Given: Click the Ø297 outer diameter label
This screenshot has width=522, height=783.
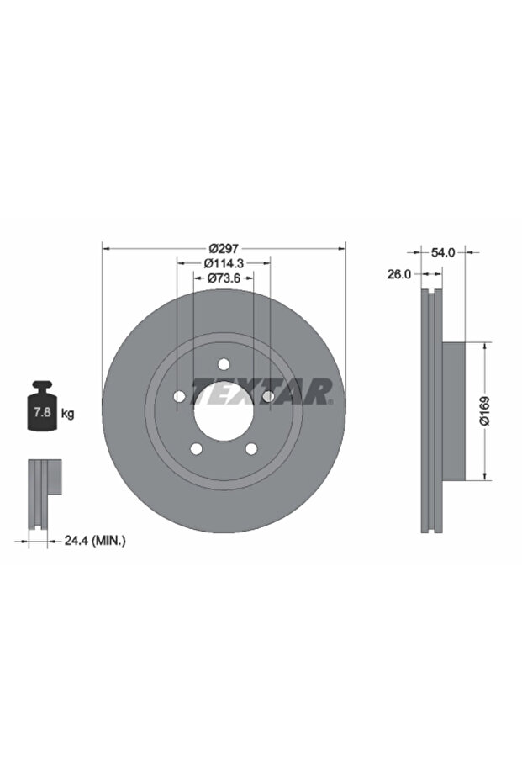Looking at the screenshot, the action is [224, 247].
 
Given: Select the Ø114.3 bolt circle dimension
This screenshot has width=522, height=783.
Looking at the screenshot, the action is [223, 262].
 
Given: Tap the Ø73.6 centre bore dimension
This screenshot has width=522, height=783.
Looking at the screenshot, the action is [224, 278].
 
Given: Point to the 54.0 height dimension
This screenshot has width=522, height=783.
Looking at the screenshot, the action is [443, 252].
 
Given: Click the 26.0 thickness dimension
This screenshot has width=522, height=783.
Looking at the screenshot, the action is [399, 273].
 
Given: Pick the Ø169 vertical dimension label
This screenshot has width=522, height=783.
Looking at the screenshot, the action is [484, 410].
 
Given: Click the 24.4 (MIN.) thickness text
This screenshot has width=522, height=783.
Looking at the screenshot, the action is [95, 540].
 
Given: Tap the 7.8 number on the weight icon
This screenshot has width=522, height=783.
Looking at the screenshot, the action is [42, 412].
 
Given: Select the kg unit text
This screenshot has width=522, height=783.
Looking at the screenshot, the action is [67, 414].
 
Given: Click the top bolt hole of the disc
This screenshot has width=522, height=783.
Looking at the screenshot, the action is [224, 364].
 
